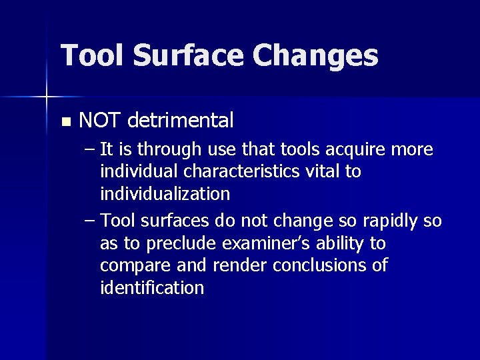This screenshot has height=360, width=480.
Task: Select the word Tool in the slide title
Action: pos(93,55)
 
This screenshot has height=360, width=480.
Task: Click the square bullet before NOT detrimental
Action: pos(65,122)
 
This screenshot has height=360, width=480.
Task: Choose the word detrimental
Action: pos(180,121)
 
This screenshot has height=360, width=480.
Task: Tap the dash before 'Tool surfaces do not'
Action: pos(90,221)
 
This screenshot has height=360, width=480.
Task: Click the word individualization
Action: pos(165,195)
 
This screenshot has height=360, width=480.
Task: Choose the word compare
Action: pos(132,265)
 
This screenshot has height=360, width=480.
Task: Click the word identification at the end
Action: pos(152,288)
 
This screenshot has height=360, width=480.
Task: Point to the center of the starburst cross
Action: pos(47,98)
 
